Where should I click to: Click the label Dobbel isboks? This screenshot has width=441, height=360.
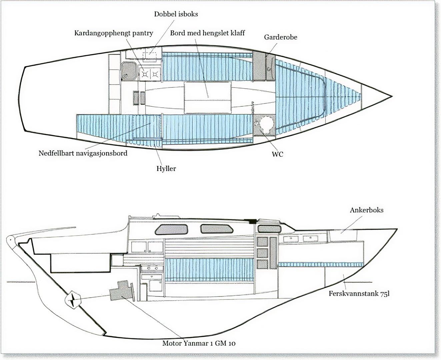point(176,14)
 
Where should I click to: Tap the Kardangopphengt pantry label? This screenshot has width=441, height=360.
point(113,33)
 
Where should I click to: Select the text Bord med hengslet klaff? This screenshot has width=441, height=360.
point(207,33)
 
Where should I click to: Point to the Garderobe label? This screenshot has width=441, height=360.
point(280,37)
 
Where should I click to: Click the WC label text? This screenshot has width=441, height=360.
point(277,154)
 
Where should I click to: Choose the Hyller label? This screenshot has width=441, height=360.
point(166,169)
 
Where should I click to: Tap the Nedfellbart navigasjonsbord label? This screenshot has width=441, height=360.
point(83,153)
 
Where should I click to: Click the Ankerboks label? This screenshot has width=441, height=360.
point(366,210)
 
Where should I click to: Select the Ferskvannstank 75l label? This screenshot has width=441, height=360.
point(359,294)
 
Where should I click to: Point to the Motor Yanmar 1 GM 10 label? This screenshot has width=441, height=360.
point(199,343)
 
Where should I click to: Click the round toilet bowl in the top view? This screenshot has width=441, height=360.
point(266,124)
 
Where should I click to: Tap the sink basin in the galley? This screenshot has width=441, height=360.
point(129,71)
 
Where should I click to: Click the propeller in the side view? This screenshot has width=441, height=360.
point(73,299)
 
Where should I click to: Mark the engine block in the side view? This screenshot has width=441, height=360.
point(122,290)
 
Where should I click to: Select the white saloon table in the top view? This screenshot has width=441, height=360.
point(207,97)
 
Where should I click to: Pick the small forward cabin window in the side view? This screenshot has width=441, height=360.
point(269,229)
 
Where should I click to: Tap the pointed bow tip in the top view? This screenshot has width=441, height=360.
point(391,96)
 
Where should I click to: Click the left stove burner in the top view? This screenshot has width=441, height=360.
point(145,74)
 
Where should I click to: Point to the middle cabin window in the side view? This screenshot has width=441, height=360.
point(217,229)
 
